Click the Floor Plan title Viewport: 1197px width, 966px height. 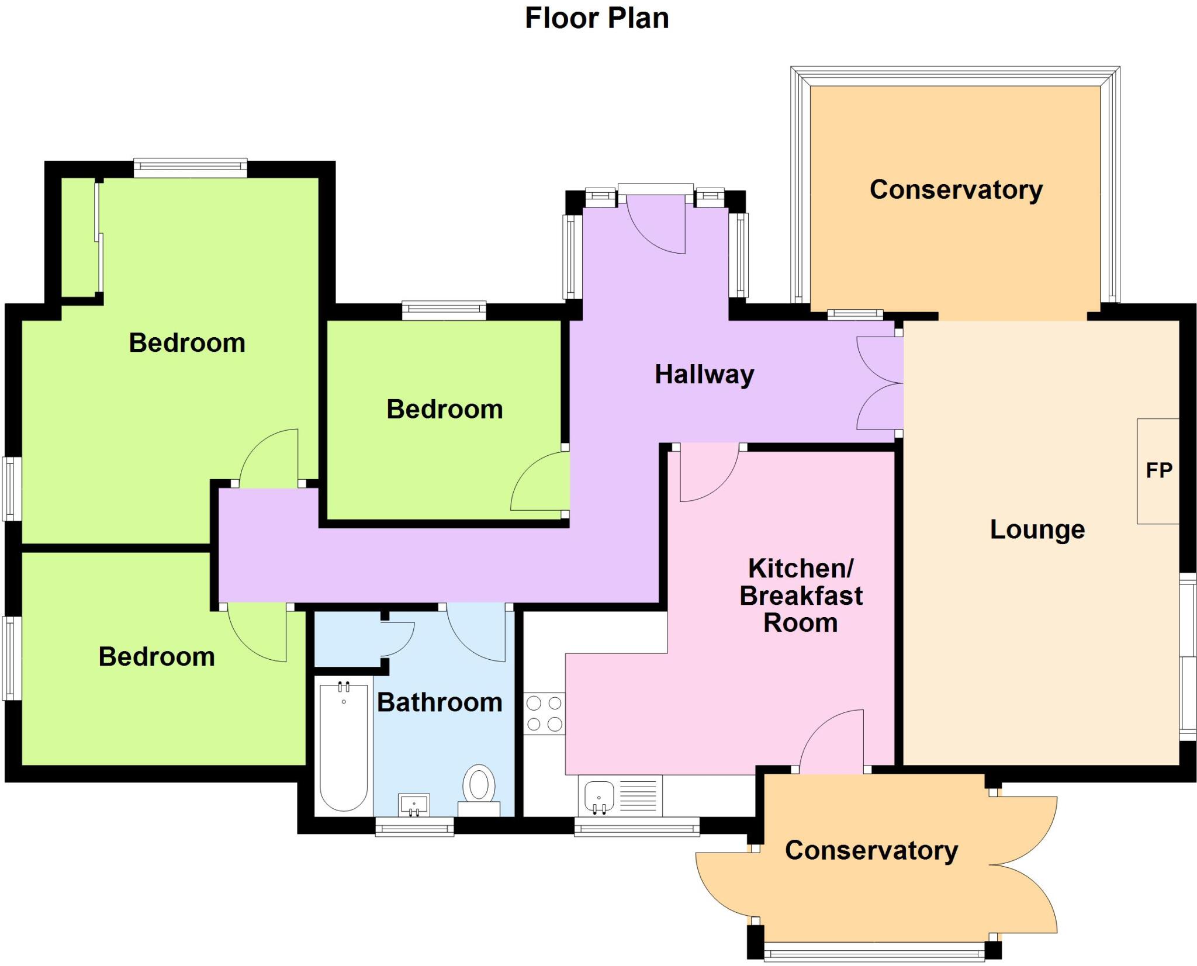coord(596,18)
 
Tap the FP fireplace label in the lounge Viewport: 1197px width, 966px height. coord(1158,470)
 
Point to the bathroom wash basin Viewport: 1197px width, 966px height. coord(414,804)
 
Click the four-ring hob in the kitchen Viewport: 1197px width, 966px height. coord(544,713)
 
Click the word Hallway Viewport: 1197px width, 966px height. coord(704,375)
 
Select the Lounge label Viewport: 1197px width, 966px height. coord(1037,529)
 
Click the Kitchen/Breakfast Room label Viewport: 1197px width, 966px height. coord(801,595)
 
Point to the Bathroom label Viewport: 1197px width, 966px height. coord(440,702)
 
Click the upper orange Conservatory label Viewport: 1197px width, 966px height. coord(956,190)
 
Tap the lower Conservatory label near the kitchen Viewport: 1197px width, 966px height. coord(871,850)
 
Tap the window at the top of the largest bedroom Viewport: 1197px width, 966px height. coord(190,168)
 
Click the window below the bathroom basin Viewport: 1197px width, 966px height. coord(414,826)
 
